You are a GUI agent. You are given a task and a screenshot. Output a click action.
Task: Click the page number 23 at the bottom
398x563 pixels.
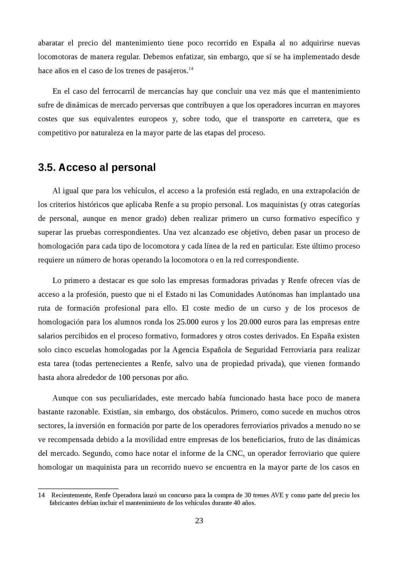tap(199, 520)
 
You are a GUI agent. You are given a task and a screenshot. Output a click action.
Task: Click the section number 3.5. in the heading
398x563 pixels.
tap(47, 167)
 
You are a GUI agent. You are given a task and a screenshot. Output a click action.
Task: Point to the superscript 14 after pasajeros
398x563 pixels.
tap(191, 69)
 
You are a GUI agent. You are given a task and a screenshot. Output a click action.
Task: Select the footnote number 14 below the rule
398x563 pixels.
tap(41, 495)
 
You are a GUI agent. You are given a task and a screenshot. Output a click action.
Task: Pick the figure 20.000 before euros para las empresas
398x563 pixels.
tap(250, 322)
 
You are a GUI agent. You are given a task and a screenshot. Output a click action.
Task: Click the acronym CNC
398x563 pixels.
tap(235, 453)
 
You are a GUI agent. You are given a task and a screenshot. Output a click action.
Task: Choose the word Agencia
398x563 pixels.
tap(186, 349)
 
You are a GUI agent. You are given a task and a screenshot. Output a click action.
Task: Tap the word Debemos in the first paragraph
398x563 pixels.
tap(155, 57)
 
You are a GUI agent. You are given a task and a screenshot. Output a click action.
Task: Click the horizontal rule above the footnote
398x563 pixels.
tap(78, 488)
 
